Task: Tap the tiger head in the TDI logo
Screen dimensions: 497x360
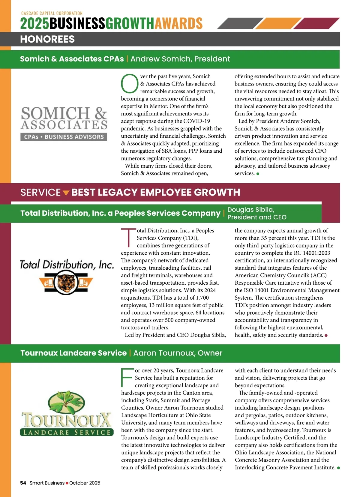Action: [x=66, y=282]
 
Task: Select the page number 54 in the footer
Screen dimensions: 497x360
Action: [x=23, y=483]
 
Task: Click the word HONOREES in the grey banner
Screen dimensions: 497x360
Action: [x=47, y=39]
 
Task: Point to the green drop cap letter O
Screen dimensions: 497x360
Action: [x=129, y=84]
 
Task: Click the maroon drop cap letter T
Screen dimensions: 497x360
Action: [x=128, y=238]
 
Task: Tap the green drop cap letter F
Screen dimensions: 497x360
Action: [x=126, y=377]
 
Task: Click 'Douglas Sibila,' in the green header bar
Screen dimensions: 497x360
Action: [x=251, y=210]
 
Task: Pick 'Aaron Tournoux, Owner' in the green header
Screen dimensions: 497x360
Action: [x=178, y=353]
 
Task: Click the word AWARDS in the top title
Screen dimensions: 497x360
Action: [x=178, y=23]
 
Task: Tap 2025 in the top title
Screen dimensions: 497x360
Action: [x=34, y=23]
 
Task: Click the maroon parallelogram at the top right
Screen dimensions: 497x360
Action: [x=316, y=23]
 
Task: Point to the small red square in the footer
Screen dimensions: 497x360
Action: [x=67, y=483]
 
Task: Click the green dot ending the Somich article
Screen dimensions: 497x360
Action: [x=258, y=174]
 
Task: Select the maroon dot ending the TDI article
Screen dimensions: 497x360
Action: [x=326, y=335]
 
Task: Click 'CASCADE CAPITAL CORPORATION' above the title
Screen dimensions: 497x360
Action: [x=52, y=13]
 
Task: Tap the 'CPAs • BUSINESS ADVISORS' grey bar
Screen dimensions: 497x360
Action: [x=64, y=137]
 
